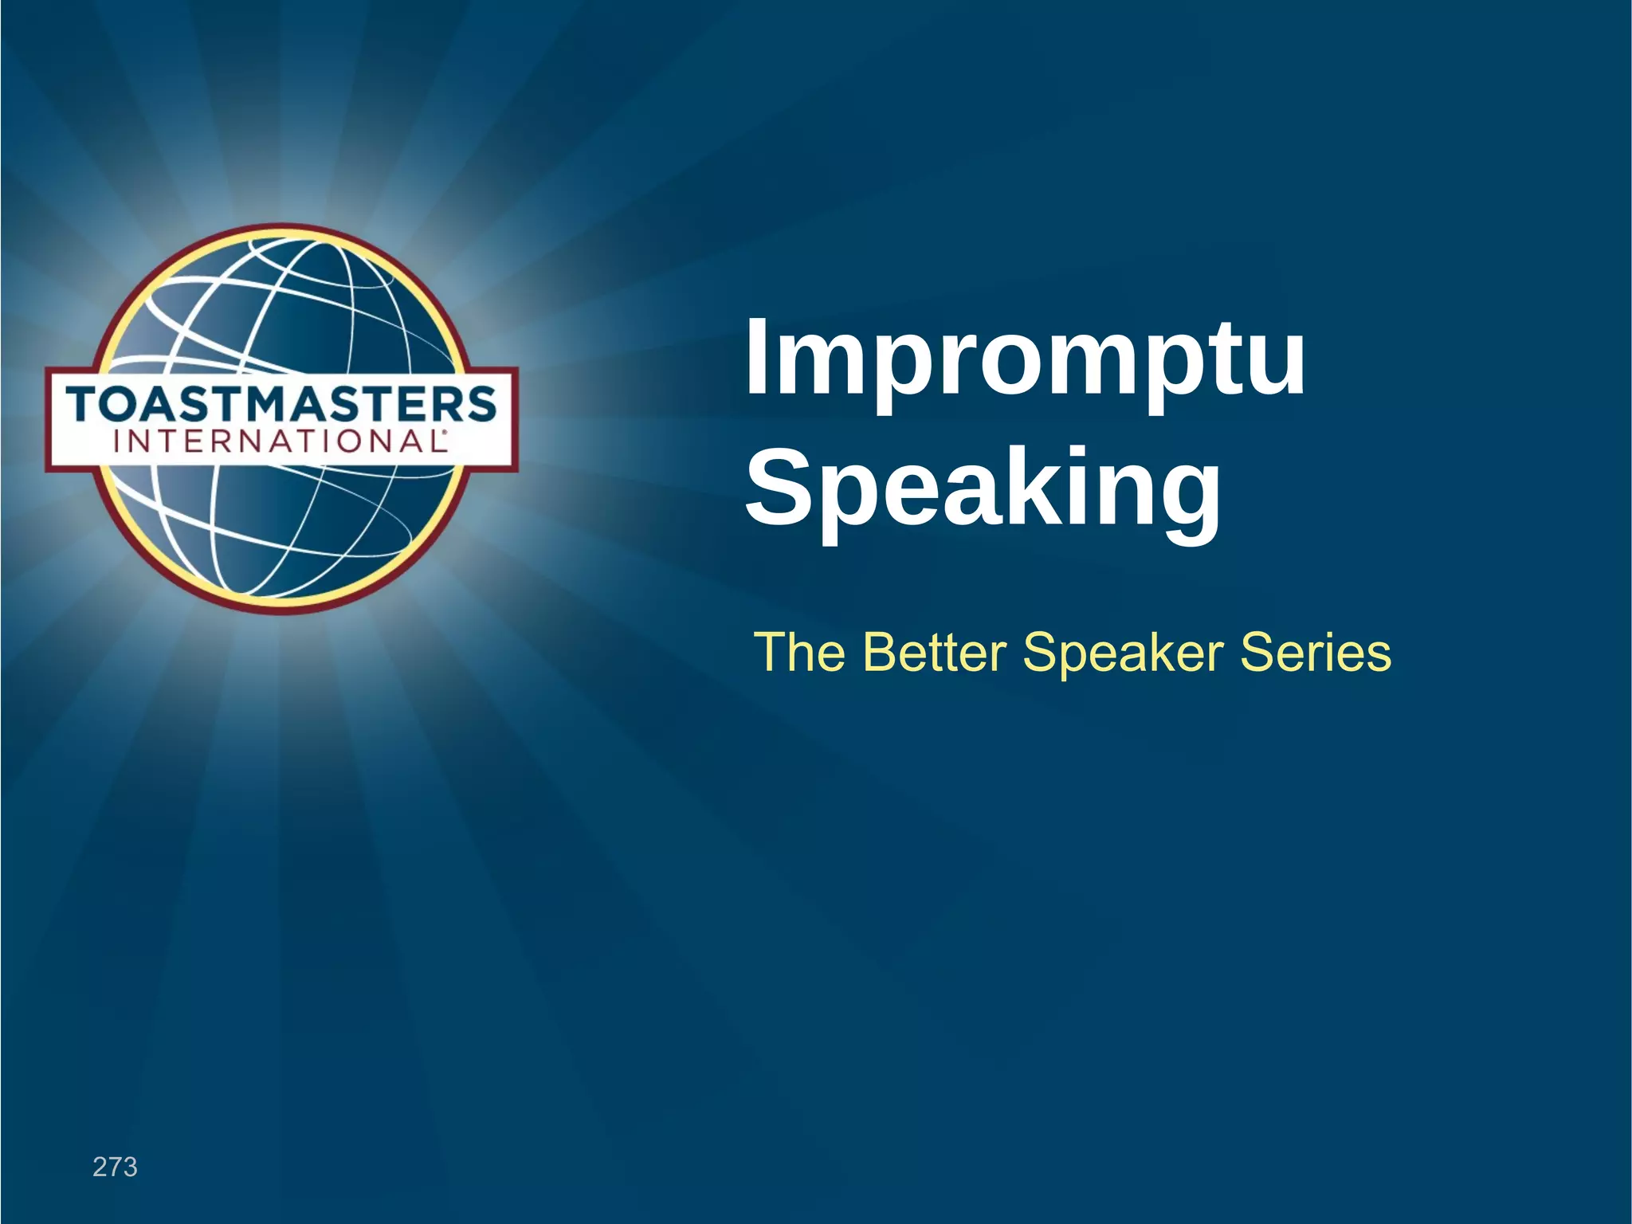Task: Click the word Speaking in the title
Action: click(983, 489)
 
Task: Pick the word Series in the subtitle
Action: click(1316, 652)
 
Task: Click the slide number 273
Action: click(115, 1167)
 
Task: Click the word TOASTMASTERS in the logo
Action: click(281, 404)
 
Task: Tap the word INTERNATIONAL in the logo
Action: click(279, 441)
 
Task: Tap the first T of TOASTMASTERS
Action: click(85, 404)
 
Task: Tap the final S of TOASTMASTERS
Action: click(480, 404)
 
